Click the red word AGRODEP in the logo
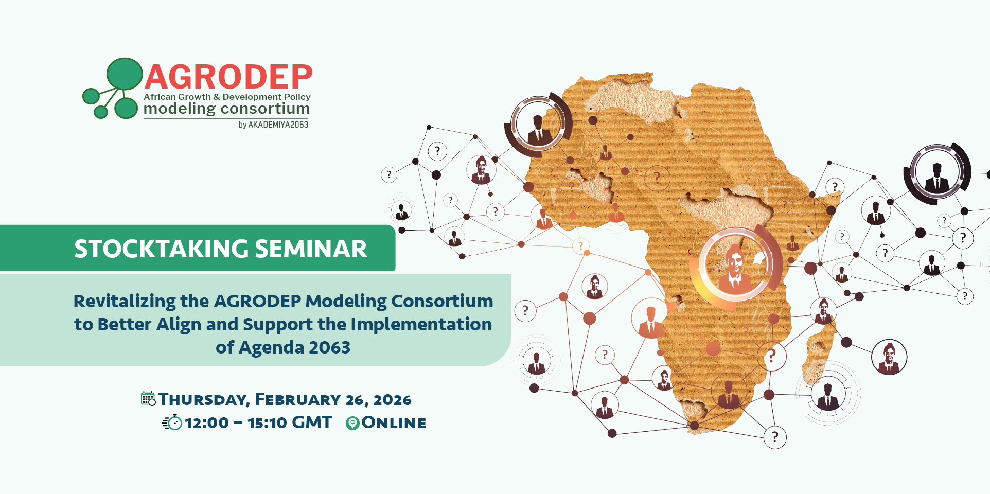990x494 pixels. pos(228,77)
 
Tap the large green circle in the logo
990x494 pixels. pos(125,74)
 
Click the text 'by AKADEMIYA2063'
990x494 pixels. pos(273,125)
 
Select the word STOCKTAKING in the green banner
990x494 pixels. pos(162,249)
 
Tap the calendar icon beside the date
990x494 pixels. pos(148,399)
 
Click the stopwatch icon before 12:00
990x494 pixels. pos(172,422)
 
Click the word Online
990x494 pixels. pos(394,423)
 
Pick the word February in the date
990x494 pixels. pos(297,399)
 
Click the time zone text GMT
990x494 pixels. pos(311,422)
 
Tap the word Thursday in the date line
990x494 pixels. pos(204,399)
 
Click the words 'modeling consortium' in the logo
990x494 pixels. pos(226,109)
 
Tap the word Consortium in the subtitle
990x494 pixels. pos(442,301)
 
